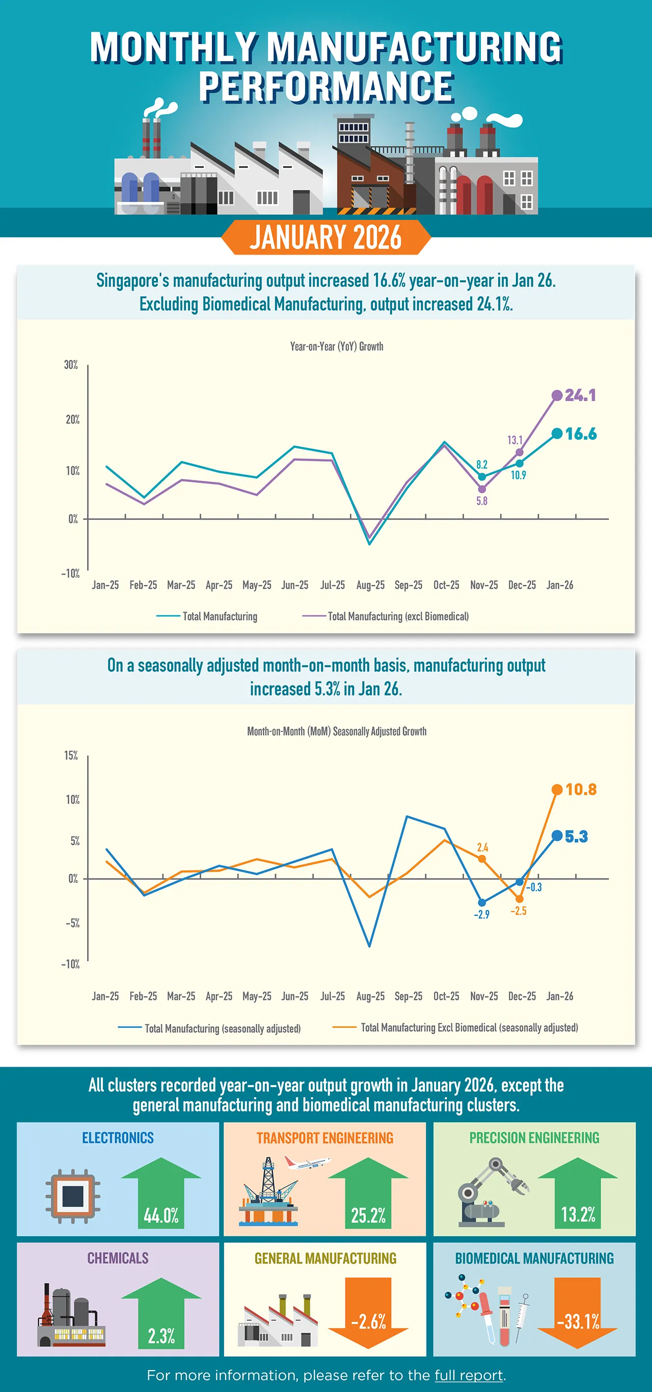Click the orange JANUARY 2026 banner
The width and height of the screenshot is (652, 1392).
tap(325, 237)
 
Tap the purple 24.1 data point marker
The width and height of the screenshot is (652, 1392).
tap(557, 395)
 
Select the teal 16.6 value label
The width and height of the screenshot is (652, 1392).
tap(581, 434)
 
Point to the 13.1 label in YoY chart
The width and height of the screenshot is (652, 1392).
tap(514, 440)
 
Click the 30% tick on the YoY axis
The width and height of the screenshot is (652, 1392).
tap(71, 365)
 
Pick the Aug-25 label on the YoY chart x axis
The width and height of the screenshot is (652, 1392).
tap(370, 585)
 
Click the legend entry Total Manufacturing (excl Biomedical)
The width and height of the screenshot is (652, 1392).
tap(398, 616)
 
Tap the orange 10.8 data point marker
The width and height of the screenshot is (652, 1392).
tap(557, 789)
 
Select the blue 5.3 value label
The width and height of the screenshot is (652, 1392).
tap(576, 837)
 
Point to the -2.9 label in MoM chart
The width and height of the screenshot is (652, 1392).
tap(481, 914)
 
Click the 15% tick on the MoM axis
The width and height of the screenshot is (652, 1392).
tap(71, 755)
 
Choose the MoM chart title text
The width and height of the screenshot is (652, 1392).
tap(336, 731)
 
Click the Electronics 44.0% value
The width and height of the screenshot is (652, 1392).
tap(161, 1215)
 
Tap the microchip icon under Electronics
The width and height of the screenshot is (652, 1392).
tap(73, 1196)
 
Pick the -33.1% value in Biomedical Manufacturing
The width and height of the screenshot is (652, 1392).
tap(578, 1322)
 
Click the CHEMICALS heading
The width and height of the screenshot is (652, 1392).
tap(118, 1258)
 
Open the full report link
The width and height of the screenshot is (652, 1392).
tap(468, 1375)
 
